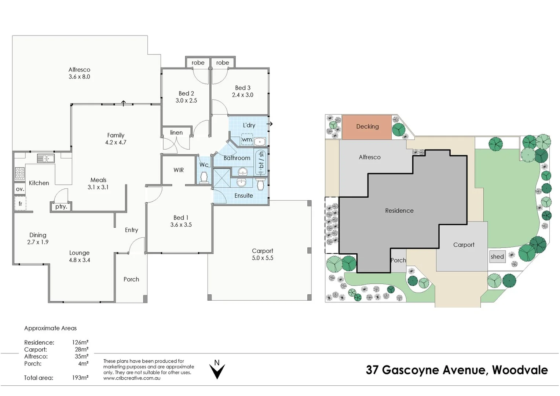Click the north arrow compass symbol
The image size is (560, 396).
click(x=217, y=370)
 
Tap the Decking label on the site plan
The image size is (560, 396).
click(x=367, y=126)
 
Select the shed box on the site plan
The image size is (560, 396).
click(x=497, y=257)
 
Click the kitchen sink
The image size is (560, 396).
click(x=45, y=158)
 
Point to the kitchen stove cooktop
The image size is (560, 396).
click(x=19, y=172)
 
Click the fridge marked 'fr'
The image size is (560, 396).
click(x=20, y=203)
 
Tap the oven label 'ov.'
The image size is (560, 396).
click(x=20, y=189)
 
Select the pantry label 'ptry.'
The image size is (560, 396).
click(x=61, y=207)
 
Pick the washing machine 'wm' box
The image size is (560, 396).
click(x=246, y=140)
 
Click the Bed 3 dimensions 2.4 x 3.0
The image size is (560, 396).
click(x=242, y=95)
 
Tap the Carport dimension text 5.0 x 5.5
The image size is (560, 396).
click(x=262, y=258)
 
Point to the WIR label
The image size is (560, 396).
click(x=179, y=170)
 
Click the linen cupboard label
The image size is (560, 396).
click(x=176, y=133)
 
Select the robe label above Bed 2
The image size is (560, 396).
click(x=198, y=63)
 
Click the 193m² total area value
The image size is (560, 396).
click(x=80, y=378)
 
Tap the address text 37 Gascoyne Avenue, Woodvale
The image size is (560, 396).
click(x=457, y=370)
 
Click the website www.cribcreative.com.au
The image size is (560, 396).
click(x=132, y=378)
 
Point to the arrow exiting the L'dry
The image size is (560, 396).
click(x=270, y=124)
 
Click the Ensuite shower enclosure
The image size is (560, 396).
click(x=222, y=178)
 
